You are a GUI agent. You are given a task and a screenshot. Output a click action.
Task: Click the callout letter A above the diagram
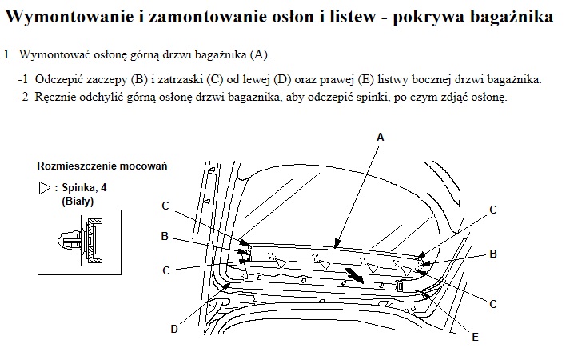click(x=380, y=138)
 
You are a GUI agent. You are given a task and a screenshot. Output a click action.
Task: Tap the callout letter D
click(x=174, y=330)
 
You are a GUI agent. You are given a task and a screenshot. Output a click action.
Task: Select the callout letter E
click(x=476, y=338)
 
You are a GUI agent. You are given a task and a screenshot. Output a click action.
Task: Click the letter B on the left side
click(x=165, y=236)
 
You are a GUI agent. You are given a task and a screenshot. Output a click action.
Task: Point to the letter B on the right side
click(x=493, y=254)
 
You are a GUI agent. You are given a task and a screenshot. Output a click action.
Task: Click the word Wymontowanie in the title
click(x=70, y=17)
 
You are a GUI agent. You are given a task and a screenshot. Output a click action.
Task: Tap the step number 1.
click(x=8, y=55)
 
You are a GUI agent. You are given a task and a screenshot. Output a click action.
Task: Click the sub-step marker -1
click(x=23, y=79)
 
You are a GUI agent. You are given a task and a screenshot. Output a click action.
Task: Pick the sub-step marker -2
click(x=23, y=97)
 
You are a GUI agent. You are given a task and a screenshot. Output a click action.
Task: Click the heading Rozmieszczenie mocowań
click(x=102, y=166)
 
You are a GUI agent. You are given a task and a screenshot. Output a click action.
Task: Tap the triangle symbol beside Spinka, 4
click(x=45, y=188)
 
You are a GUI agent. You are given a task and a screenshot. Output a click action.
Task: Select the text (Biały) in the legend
click(x=78, y=201)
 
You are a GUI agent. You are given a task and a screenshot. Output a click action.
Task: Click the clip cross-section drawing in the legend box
click(x=79, y=240)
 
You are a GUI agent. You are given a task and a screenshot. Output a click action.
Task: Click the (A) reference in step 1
click(x=260, y=55)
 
